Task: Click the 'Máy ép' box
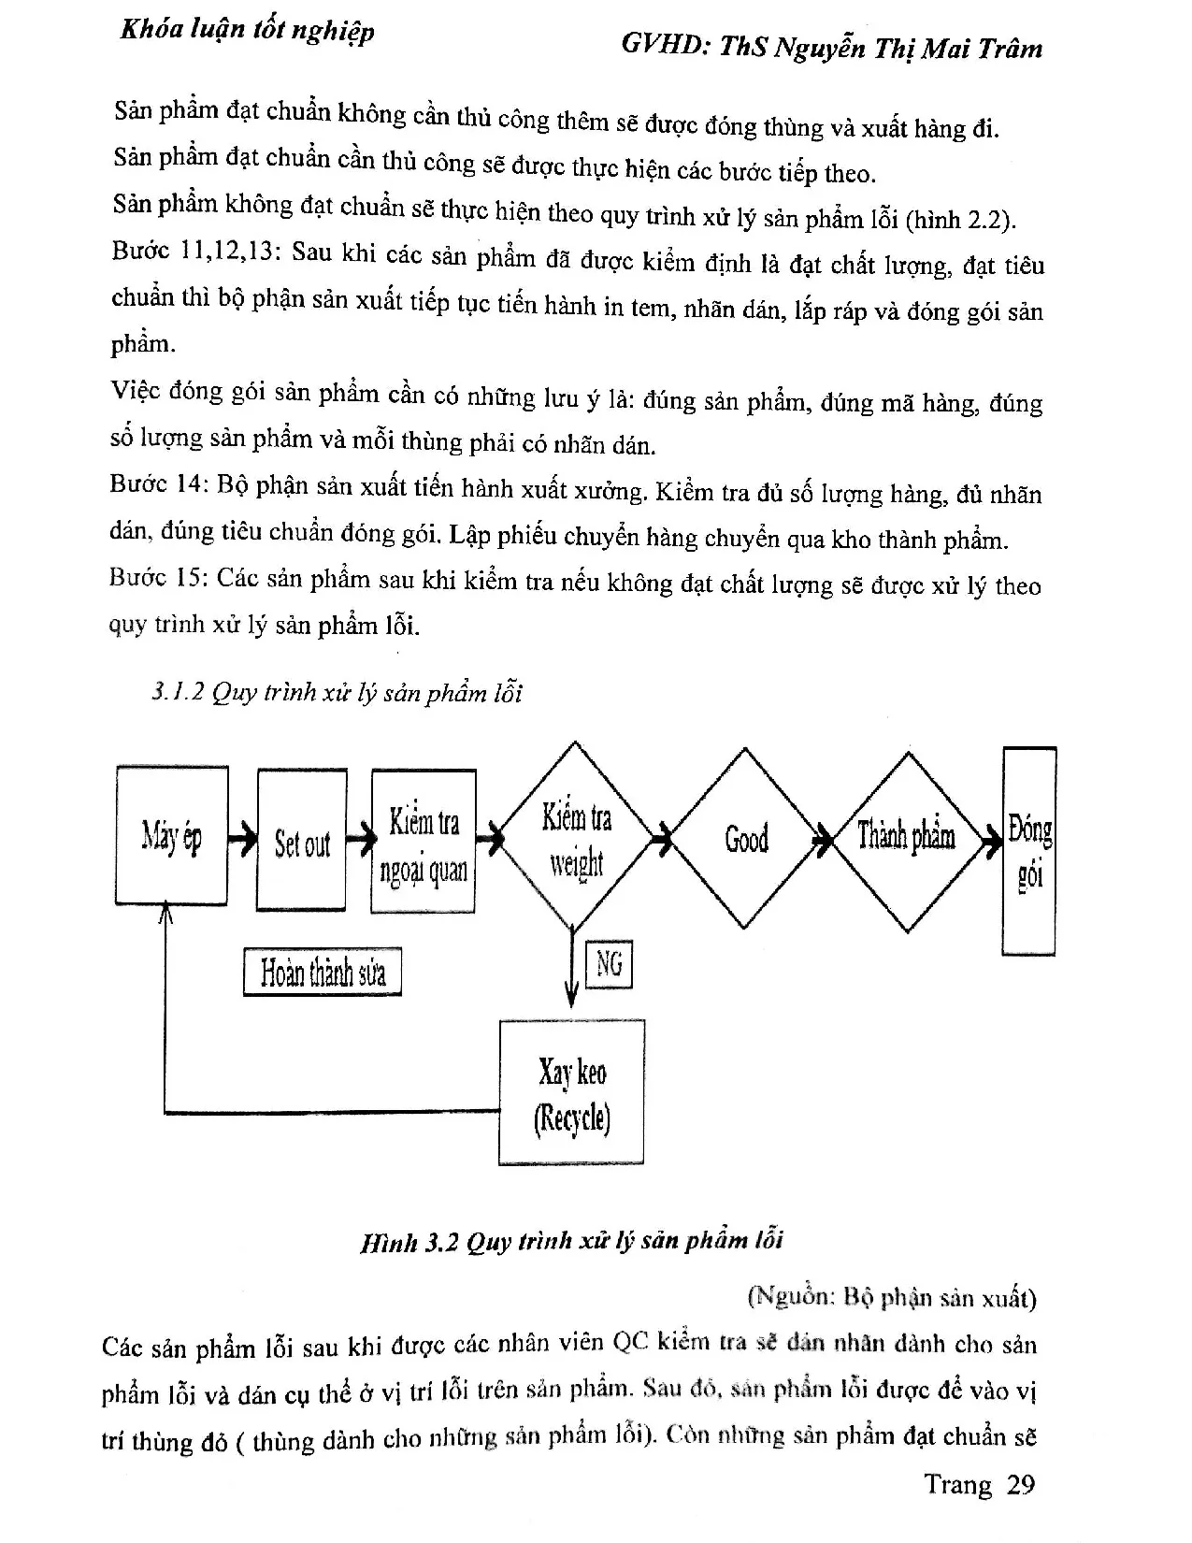[x=172, y=835]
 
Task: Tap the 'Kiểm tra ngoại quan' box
[x=424, y=842]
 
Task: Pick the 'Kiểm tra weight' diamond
[x=575, y=837]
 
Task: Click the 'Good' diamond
[x=745, y=838]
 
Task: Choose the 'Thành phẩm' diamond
[x=906, y=838]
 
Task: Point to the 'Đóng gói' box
[x=1029, y=850]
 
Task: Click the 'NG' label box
[x=609, y=963]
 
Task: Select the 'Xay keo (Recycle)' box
[x=572, y=1092]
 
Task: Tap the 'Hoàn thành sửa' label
[x=323, y=973]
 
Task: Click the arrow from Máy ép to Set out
[x=242, y=838]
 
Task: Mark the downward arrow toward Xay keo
[x=571, y=973]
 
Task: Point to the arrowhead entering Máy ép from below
[x=166, y=912]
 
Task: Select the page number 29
[x=1020, y=1484]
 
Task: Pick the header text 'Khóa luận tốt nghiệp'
[x=248, y=30]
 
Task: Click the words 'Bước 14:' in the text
[x=156, y=484]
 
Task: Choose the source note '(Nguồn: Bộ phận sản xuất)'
[x=891, y=1297]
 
